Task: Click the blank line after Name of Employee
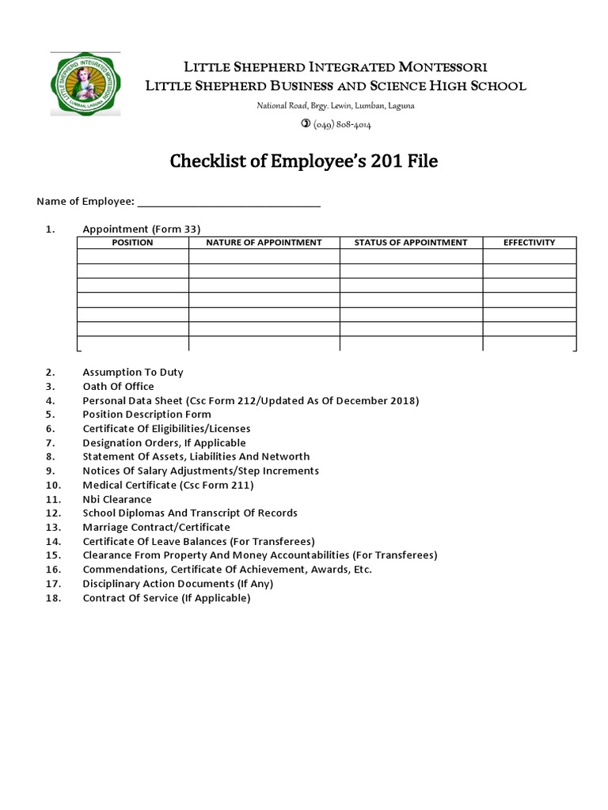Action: (229, 202)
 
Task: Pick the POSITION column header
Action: (132, 243)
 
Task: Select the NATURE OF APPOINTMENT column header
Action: (264, 243)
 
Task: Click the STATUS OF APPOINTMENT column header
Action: (411, 243)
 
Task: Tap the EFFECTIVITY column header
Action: (529, 243)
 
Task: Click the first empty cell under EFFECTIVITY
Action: (529, 256)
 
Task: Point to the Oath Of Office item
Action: (118, 386)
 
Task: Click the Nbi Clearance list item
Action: (117, 499)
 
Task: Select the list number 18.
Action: (52, 598)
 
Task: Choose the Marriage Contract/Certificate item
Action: (156, 527)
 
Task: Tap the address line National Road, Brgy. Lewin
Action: (335, 106)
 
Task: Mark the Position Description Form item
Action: (146, 414)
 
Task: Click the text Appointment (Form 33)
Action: (142, 229)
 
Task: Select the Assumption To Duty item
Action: (132, 372)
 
